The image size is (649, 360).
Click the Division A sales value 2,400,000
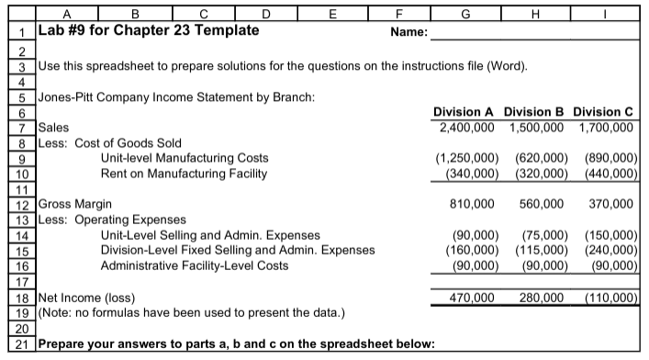click(x=464, y=128)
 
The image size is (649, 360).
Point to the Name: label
click(x=409, y=32)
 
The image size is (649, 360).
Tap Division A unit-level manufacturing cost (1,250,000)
click(x=459, y=158)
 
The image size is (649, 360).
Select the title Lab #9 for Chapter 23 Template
click(x=147, y=29)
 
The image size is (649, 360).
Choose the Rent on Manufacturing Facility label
click(x=184, y=174)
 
